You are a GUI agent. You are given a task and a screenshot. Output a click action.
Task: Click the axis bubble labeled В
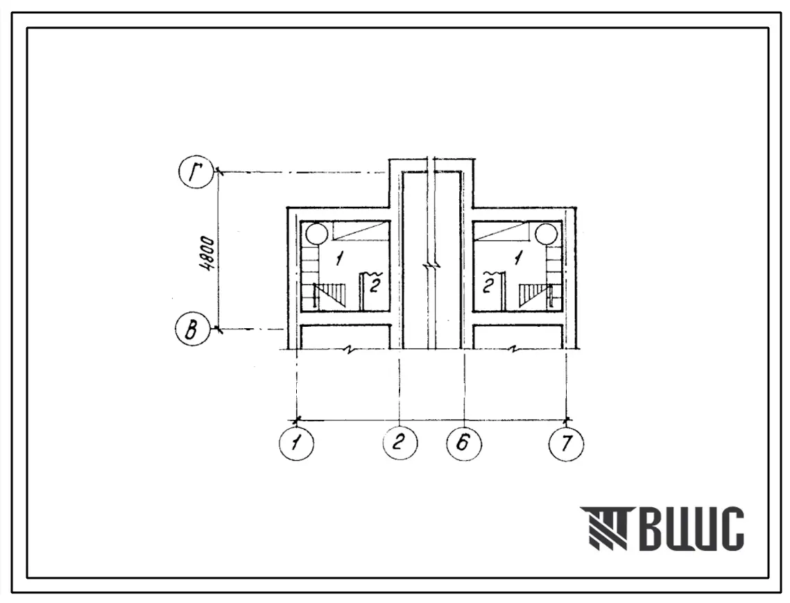192,330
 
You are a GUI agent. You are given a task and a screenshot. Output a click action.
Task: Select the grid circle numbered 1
296,443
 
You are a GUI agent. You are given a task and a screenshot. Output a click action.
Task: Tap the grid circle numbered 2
400,443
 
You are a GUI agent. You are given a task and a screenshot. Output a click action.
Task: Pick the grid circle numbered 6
463,443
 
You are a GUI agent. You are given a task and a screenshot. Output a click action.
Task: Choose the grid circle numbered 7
566,443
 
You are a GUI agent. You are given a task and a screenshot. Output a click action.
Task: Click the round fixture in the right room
546,234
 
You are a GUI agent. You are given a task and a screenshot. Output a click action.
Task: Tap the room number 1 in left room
340,259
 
